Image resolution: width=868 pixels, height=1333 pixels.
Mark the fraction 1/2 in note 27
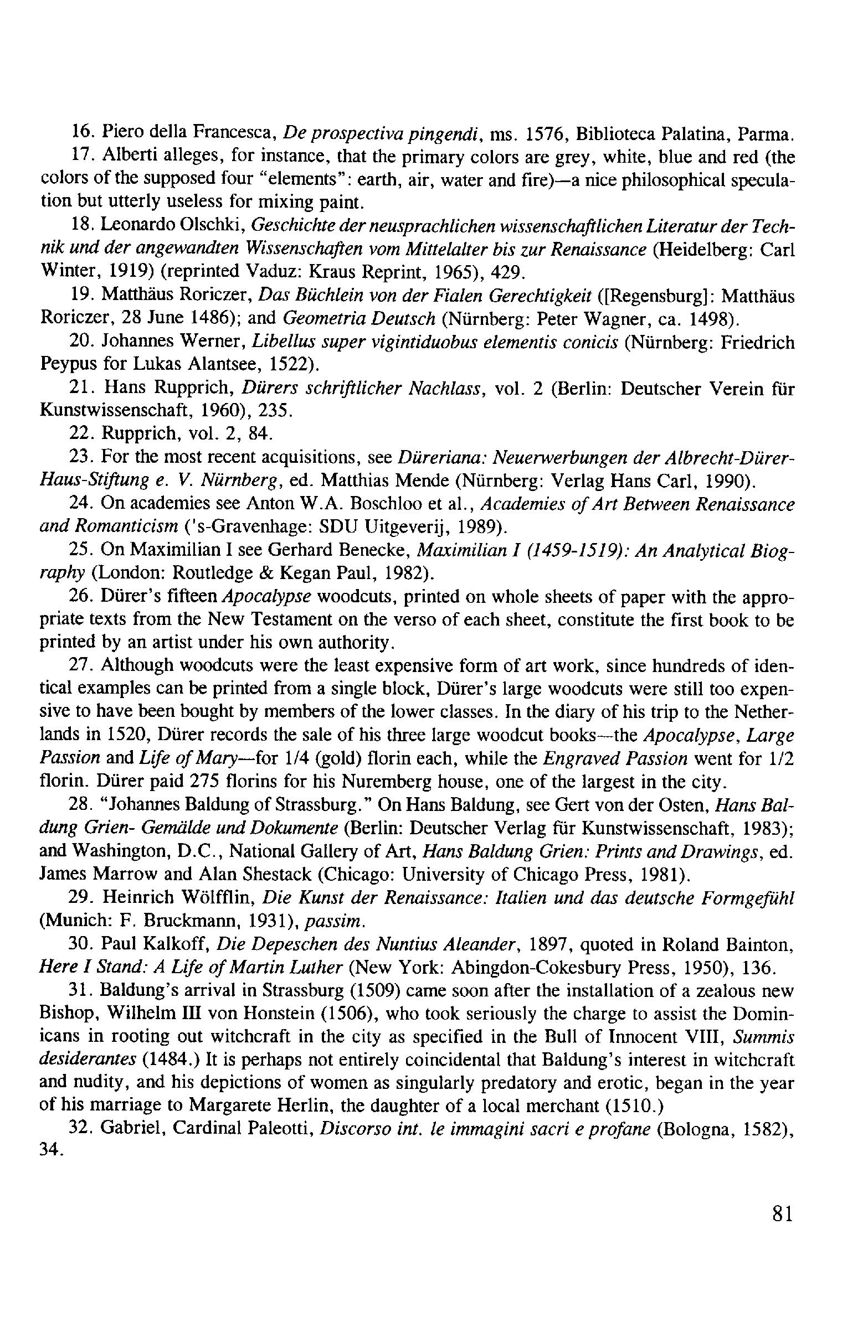pos(782,758)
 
